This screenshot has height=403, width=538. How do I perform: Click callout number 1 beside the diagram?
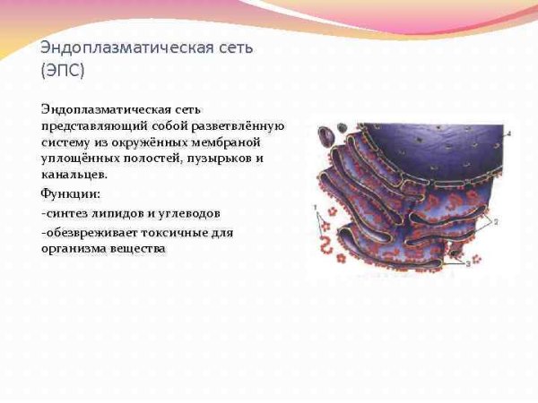[315, 208]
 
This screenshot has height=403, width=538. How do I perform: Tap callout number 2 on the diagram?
[496, 220]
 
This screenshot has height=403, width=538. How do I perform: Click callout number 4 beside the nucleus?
[508, 133]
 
